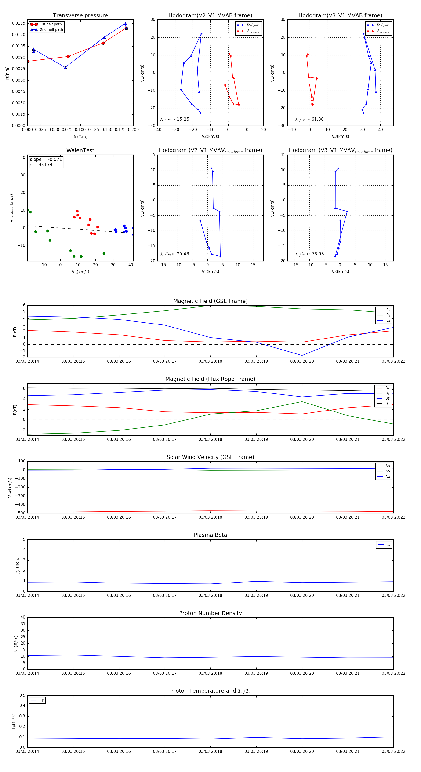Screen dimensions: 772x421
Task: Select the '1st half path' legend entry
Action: (50, 24)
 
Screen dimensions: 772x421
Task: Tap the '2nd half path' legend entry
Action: (51, 30)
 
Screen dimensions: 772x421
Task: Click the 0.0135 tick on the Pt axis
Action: (18, 23)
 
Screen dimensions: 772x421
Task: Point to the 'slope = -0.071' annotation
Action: (46, 160)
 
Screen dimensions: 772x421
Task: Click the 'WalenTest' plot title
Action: (80, 150)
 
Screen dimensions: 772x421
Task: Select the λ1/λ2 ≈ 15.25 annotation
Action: (175, 119)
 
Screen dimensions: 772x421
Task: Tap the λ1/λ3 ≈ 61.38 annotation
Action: (309, 119)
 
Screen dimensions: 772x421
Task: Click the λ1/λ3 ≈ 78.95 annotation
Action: (309, 254)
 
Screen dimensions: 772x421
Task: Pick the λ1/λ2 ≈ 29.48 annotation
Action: (175, 254)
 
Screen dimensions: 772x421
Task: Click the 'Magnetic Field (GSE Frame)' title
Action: (210, 301)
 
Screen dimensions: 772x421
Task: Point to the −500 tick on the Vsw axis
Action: (20, 513)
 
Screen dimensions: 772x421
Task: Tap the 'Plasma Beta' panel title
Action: (210, 535)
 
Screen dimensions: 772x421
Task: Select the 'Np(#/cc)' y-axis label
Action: (16, 644)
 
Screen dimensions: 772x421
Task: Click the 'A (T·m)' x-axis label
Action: (80, 137)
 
